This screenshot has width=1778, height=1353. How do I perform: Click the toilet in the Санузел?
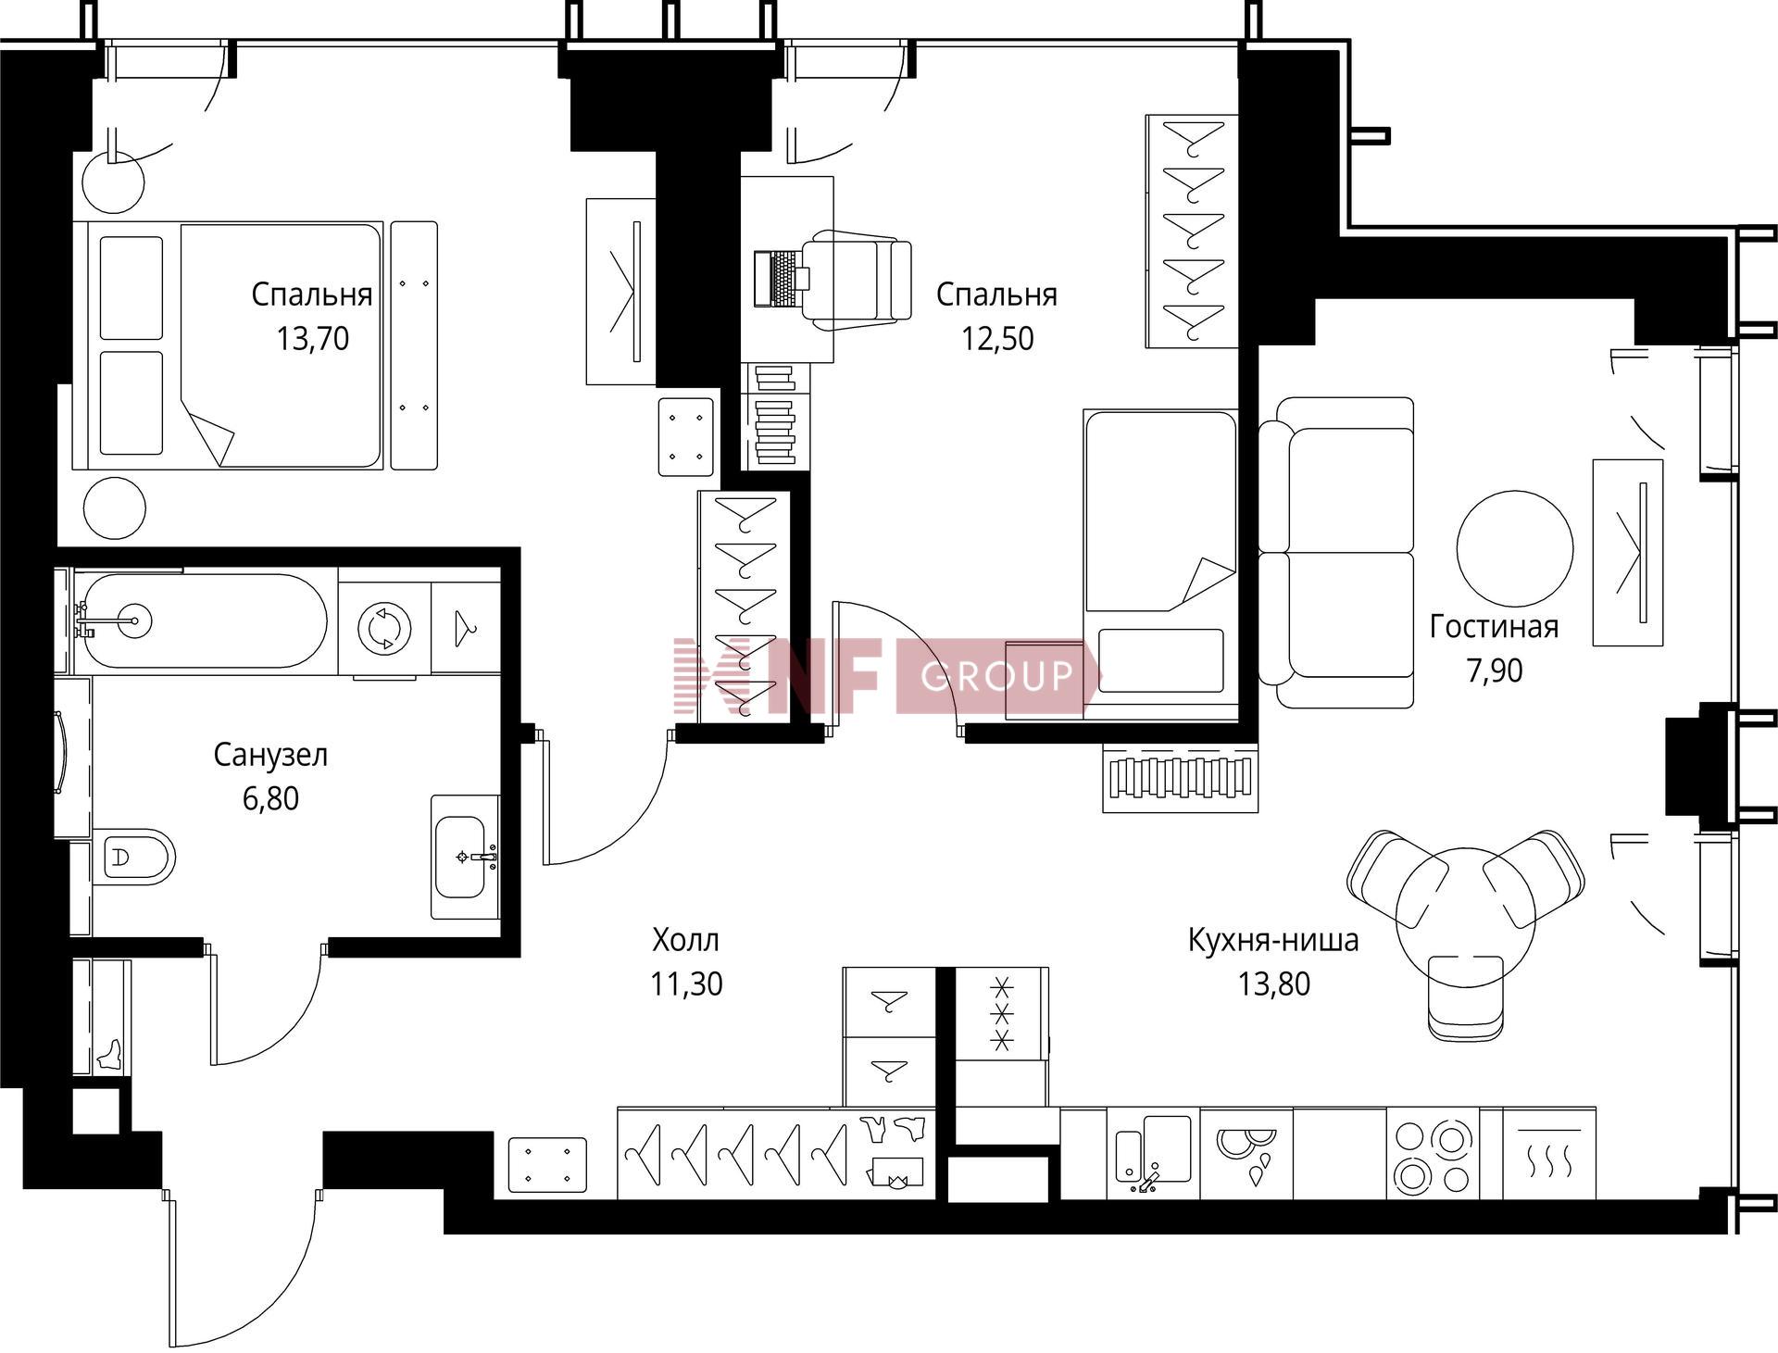pyautogui.click(x=134, y=858)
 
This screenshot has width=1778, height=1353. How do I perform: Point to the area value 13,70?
pyautogui.click(x=313, y=339)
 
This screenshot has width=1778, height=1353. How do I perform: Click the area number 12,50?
pyautogui.click(x=997, y=339)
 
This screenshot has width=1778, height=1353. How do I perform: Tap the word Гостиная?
pyautogui.click(x=1494, y=627)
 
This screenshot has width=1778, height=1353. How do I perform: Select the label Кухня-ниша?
pyautogui.click(x=1273, y=940)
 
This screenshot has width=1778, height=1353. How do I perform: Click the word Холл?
pyautogui.click(x=685, y=940)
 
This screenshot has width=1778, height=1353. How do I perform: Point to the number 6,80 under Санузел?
pyautogui.click(x=270, y=798)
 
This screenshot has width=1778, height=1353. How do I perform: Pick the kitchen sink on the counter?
pyautogui.click(x=1154, y=1154)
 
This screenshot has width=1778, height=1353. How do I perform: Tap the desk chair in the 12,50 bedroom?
pyautogui.click(x=857, y=280)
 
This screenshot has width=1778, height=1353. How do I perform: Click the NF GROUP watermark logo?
pyautogui.click(x=884, y=675)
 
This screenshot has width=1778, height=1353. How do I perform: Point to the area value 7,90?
pyautogui.click(x=1494, y=670)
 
